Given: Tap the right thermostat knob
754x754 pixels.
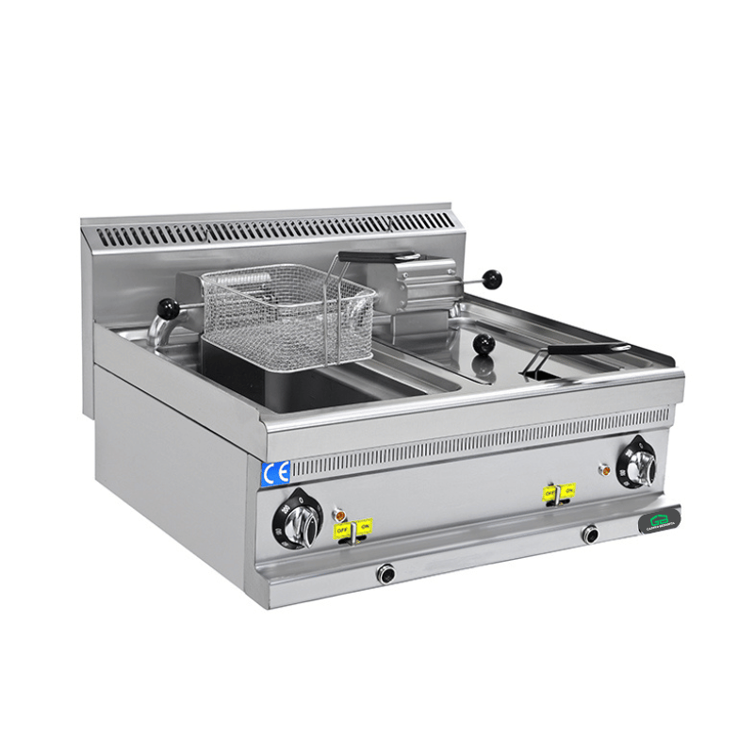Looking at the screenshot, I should click(x=641, y=462).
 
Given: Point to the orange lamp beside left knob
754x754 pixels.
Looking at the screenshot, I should click(x=337, y=514).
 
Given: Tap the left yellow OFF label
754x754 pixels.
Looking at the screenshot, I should click(x=343, y=530).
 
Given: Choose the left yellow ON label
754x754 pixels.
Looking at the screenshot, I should click(x=364, y=525).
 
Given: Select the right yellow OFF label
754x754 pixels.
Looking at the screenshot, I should click(x=549, y=491).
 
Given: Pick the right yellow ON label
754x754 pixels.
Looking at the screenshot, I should click(x=567, y=489).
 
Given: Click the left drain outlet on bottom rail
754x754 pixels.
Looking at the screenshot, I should click(x=385, y=573).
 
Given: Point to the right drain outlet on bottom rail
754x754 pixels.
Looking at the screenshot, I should click(x=591, y=534).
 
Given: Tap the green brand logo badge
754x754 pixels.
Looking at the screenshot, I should click(x=660, y=521).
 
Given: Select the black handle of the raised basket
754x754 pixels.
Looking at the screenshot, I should click(x=377, y=256).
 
